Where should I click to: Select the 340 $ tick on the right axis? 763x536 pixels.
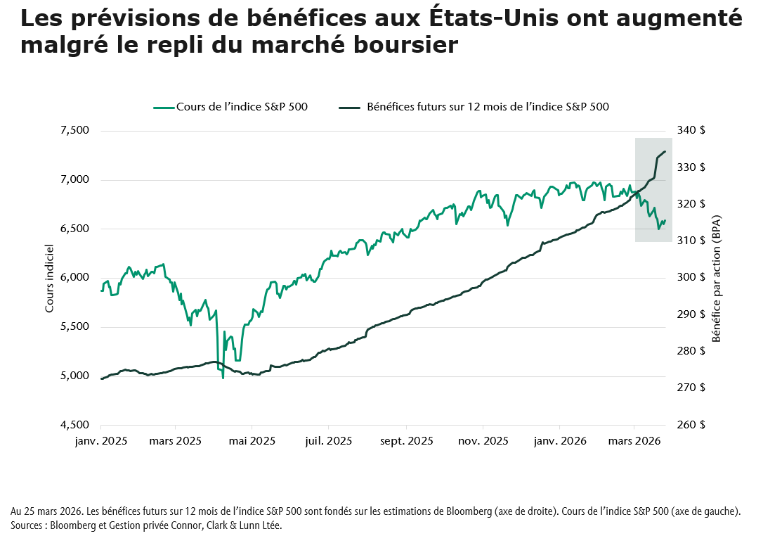coord(691,131)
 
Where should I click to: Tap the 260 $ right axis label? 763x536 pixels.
coord(691,425)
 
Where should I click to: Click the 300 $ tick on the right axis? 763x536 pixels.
coord(691,278)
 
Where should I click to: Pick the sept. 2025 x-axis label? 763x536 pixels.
coord(406,442)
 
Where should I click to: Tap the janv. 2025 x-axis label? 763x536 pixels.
coord(100,442)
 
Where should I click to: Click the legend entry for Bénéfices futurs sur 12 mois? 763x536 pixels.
coord(488,107)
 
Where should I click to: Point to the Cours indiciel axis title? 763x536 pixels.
coord(49,278)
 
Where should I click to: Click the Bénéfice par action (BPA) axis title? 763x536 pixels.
coord(717,278)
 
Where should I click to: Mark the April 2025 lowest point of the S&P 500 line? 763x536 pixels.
coord(223,378)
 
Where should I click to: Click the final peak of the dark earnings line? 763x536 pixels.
coord(665,151)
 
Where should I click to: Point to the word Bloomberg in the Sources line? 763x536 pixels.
coord(84,525)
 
